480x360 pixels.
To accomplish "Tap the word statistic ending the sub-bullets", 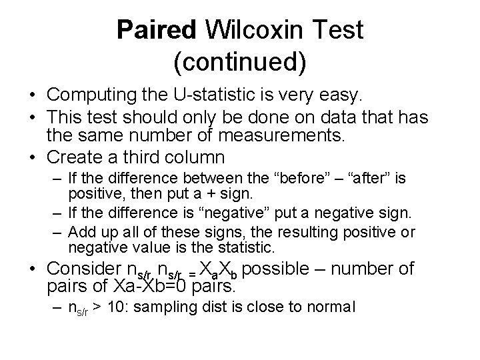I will tap(245, 248).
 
